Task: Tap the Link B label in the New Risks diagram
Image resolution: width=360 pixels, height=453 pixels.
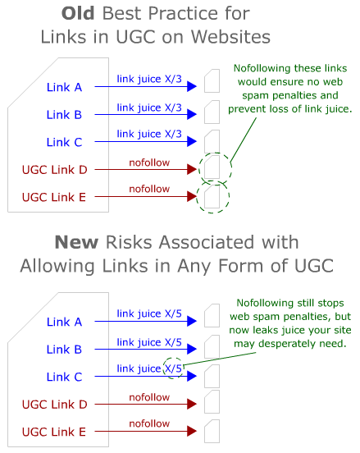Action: (64, 349)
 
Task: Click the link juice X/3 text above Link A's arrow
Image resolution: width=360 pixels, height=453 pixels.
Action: (148, 79)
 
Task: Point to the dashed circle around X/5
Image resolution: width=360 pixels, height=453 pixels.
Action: (173, 368)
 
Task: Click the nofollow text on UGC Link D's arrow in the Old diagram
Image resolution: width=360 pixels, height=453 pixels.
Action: (148, 162)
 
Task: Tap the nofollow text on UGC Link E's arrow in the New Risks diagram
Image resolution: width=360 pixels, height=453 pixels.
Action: (148, 423)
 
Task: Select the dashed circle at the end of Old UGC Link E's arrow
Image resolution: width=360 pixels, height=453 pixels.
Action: (212, 197)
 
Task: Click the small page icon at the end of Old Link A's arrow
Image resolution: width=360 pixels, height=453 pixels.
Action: (212, 81)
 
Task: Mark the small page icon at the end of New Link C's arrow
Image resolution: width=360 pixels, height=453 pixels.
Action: (212, 376)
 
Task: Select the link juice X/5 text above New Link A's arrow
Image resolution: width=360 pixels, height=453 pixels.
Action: (148, 313)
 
